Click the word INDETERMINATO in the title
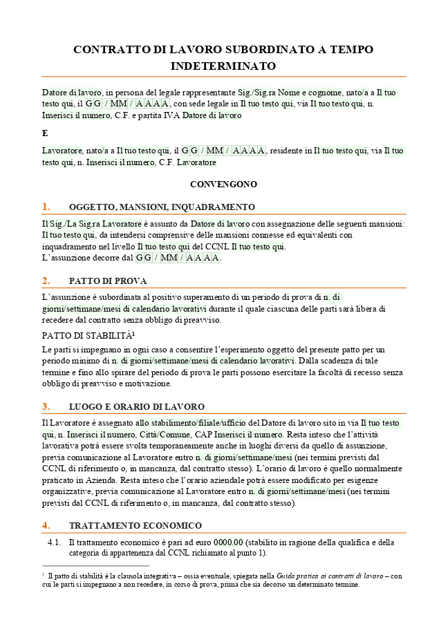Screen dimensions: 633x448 click(223, 66)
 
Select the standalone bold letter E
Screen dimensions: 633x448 click(45, 133)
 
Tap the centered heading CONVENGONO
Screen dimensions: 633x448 click(223, 185)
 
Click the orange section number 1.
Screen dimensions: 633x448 click(46, 207)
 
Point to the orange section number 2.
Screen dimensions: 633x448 click(46, 281)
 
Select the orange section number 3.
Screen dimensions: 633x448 click(46, 406)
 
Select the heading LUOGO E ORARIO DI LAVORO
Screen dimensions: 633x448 click(136, 407)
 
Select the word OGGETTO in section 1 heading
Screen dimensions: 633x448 click(91, 207)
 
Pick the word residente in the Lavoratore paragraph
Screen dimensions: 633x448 click(292, 150)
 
